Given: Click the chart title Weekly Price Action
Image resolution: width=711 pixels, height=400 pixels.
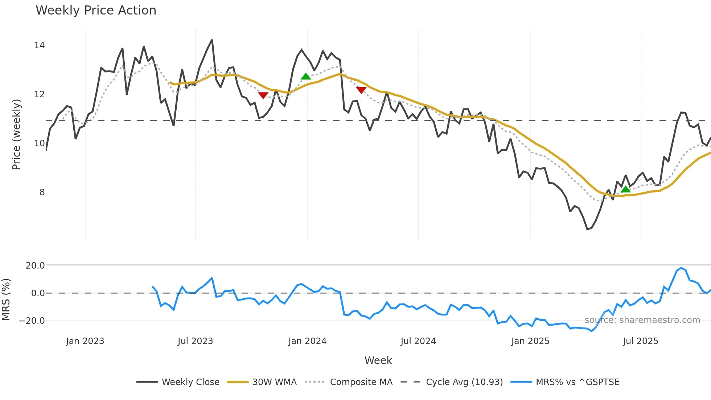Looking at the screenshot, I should point(96,11).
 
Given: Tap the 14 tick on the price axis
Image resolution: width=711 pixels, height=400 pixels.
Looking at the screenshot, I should point(39,45).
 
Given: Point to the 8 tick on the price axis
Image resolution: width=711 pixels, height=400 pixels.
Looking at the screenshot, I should point(42,192).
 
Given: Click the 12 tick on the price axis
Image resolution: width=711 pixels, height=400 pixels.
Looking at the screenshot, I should point(39,94).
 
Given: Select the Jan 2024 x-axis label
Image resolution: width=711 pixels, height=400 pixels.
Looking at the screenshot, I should point(307,341).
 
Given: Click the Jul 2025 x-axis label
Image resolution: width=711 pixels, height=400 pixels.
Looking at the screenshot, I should point(640,341).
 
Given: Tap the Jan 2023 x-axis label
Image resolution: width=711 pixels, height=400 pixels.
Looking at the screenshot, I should point(85,341).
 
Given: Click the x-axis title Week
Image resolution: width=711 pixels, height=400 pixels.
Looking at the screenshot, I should point(378,360).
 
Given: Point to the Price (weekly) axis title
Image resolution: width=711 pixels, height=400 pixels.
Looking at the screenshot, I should point(16,134).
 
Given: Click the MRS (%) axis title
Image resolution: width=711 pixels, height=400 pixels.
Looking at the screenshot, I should point(6,299).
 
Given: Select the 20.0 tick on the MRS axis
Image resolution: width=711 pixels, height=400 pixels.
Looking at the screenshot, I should point(35,266).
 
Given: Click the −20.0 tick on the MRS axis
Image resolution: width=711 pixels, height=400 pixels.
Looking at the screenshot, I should point(32,321).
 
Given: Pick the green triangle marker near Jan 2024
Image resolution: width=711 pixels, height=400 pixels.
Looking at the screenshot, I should point(306,77).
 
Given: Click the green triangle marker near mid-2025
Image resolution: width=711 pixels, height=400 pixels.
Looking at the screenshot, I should point(625,189).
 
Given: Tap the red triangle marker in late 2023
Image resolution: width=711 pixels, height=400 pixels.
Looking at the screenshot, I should point(263,95).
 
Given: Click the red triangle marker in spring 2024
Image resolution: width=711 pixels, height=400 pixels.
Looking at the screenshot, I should point(361,90).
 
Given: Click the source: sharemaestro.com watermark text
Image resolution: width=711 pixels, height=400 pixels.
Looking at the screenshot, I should point(642,320).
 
